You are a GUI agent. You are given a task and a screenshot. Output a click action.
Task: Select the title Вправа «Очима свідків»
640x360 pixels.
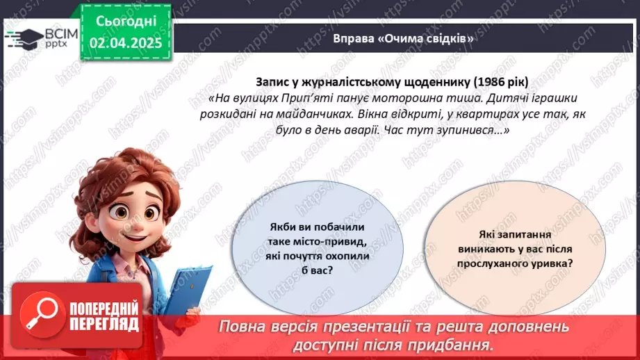click(403, 38)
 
